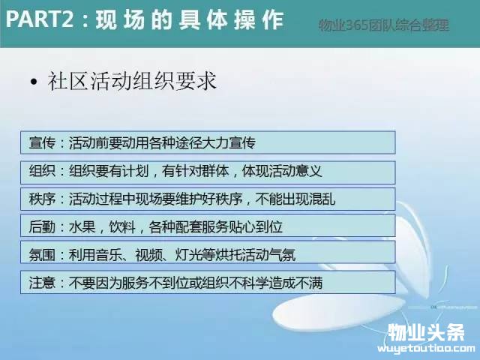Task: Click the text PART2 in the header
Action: tap(40, 19)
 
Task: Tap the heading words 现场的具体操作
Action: tap(190, 20)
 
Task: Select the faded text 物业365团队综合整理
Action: tap(384, 25)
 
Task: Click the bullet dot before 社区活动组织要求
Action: tap(34, 82)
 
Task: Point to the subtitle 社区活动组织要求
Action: tap(132, 82)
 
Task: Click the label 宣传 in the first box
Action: tap(42, 142)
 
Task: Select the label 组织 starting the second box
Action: tap(42, 171)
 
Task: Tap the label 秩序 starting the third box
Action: tap(42, 199)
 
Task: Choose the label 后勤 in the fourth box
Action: tap(42, 227)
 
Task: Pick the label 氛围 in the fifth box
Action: tap(42, 255)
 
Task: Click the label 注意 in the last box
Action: tap(42, 283)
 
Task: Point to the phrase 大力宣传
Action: tap(229, 142)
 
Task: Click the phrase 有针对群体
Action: tap(195, 171)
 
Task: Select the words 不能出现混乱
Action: tap(295, 199)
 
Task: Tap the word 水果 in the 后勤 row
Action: tap(82, 227)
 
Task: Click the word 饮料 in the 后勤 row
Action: tap(122, 227)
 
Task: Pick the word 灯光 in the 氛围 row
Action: tap(188, 255)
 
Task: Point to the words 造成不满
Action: tap(295, 283)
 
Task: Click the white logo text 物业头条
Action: tap(426, 332)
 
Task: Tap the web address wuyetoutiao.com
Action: tap(426, 348)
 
